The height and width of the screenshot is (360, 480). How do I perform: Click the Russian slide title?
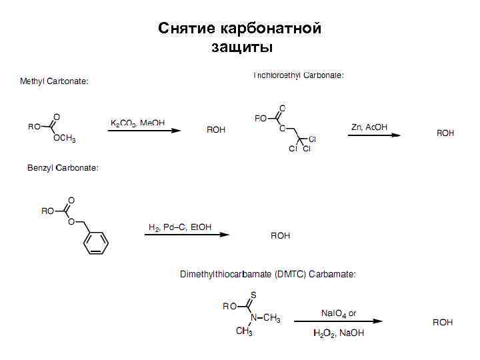tap(240, 37)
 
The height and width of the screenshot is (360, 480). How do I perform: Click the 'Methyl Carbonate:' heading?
tap(54, 81)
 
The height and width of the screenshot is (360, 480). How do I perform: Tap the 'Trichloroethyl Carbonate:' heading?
tap(298, 75)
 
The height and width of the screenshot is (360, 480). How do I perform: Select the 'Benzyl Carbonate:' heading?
tap(63, 167)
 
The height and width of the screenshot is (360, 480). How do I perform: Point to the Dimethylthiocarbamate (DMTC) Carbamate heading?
tap(268, 274)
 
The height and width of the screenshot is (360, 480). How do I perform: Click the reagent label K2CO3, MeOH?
tap(137, 123)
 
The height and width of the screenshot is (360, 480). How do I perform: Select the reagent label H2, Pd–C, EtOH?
tap(180, 227)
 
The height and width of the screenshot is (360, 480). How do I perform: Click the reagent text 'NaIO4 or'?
tap(339, 313)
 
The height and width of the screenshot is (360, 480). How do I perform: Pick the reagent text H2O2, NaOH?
tap(339, 333)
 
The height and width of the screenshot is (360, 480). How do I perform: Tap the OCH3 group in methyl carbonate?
tap(64, 139)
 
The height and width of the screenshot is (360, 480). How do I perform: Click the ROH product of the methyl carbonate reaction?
tap(216, 130)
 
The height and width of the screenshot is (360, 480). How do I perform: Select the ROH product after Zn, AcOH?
tap(445, 133)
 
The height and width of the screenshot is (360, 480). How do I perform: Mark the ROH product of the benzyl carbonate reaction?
tap(281, 235)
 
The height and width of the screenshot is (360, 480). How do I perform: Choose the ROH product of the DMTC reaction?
tap(443, 322)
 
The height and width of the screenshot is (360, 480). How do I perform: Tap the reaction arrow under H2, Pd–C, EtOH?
tap(187, 235)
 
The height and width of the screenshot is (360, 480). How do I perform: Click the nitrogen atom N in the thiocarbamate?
tap(253, 317)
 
